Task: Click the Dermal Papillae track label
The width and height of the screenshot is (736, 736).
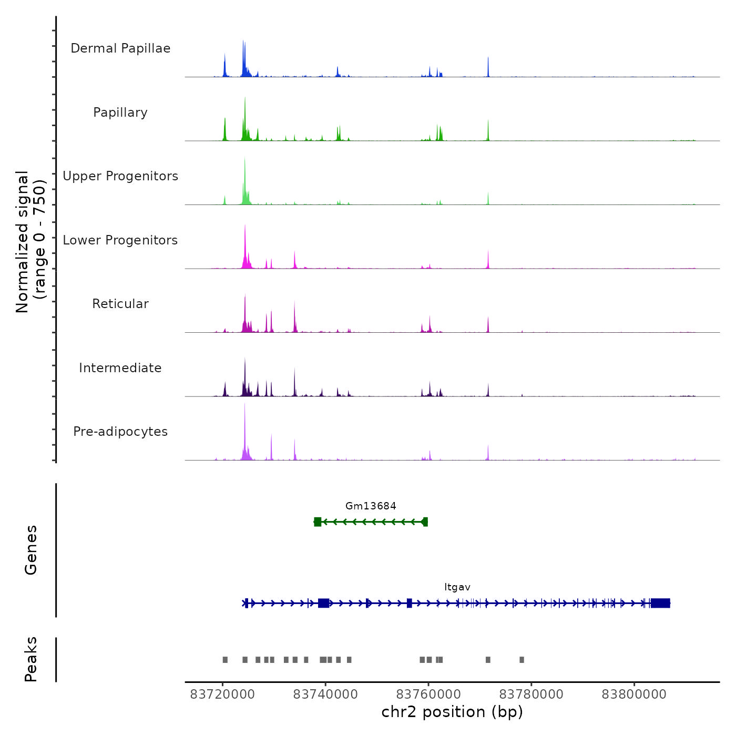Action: pos(120,48)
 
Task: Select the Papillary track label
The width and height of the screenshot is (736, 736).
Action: pos(120,113)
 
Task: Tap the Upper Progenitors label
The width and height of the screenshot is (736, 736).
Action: pos(120,176)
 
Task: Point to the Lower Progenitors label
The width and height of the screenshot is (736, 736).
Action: pos(120,240)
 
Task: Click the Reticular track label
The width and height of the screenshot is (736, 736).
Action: pos(120,304)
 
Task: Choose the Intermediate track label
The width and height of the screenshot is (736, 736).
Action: pos(120,368)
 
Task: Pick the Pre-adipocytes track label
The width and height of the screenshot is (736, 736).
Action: pos(120,432)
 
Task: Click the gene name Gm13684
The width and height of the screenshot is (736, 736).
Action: pos(371,506)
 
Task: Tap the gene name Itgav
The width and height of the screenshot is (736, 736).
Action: pos(457,587)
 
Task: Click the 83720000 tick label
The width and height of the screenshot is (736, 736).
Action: pos(222,694)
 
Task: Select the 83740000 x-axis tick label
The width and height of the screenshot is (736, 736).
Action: pos(325,694)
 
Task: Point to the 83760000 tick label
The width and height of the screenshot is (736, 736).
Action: pos(428,694)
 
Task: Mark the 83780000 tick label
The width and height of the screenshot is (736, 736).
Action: pos(531,694)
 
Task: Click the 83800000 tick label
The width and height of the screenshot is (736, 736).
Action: pos(634,694)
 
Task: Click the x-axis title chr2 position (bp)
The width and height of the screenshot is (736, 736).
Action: pos(452,712)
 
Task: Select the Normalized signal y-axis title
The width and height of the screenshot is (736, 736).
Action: pos(30,241)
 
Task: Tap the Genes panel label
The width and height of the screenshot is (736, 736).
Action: pos(30,550)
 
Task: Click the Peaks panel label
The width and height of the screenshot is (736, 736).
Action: pos(30,659)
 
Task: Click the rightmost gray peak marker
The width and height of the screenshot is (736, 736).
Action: pos(522,660)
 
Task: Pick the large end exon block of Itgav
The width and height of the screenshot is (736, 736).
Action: pos(660,603)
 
